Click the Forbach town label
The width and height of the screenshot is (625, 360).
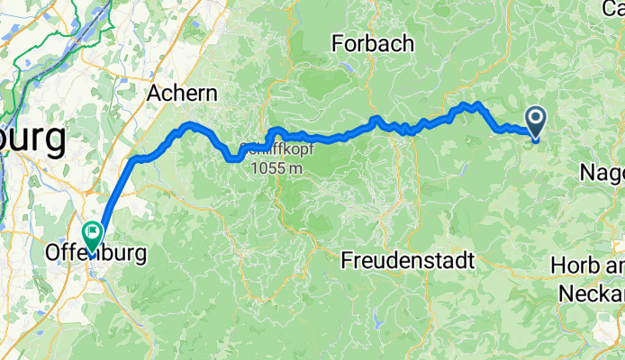372,42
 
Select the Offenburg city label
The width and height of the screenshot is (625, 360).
94,255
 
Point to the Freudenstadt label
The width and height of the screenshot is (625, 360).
408,261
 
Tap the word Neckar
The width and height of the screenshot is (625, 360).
592,293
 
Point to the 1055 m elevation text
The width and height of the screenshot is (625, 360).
277,167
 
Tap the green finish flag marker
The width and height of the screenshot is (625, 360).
92,234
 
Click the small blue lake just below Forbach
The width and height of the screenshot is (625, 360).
347,67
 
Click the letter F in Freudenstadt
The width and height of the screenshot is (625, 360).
348,261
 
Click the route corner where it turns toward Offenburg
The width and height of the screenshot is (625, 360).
135,160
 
